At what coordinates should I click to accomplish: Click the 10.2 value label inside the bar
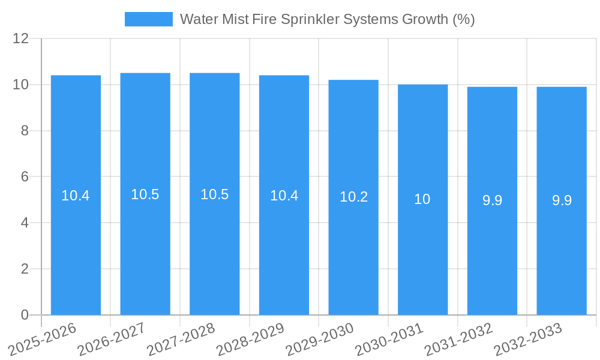(x=353, y=197)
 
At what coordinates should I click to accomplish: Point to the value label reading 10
(x=422, y=199)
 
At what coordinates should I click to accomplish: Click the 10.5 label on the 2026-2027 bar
(x=145, y=194)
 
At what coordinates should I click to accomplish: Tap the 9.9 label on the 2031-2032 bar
(x=492, y=200)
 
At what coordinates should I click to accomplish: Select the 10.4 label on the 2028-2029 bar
(x=284, y=196)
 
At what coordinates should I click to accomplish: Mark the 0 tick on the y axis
(x=25, y=315)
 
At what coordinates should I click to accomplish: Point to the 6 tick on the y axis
(x=25, y=177)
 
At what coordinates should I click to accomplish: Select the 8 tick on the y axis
(x=25, y=131)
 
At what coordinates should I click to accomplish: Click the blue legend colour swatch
(x=148, y=19)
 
